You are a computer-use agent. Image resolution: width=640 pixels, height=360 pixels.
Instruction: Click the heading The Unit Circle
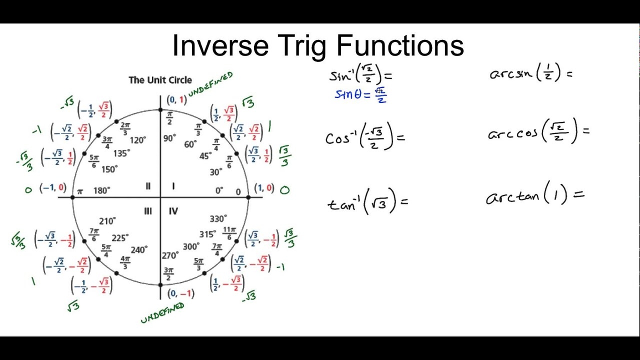[160, 80]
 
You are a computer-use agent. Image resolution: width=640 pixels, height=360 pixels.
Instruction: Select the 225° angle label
[120, 238]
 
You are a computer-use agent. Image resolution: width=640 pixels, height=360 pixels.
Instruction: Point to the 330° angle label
[218, 219]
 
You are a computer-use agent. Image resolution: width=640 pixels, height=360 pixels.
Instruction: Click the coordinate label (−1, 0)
[53, 187]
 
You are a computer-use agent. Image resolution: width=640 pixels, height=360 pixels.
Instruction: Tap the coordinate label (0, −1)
[180, 293]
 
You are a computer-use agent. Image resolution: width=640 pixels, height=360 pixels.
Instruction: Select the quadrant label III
[147, 211]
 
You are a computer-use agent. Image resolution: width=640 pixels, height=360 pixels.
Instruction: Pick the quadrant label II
[148, 186]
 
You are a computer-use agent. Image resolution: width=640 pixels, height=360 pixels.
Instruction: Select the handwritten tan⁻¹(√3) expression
[367, 201]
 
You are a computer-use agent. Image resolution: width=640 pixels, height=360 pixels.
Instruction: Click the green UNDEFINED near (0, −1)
[162, 313]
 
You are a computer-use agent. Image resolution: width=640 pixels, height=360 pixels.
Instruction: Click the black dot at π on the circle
[73, 197]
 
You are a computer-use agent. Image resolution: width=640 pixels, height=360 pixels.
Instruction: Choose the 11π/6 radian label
[229, 233]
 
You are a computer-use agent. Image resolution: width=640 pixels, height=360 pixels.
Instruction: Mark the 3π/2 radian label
[168, 274]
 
